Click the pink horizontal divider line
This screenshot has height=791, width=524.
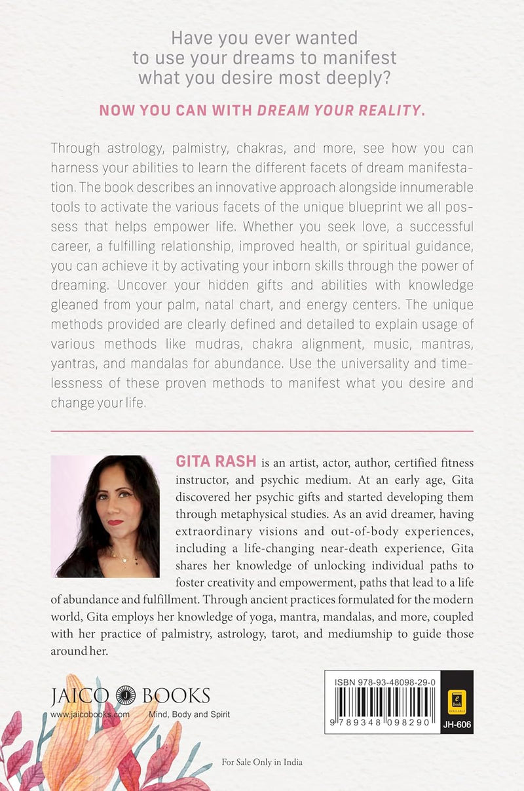261,431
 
